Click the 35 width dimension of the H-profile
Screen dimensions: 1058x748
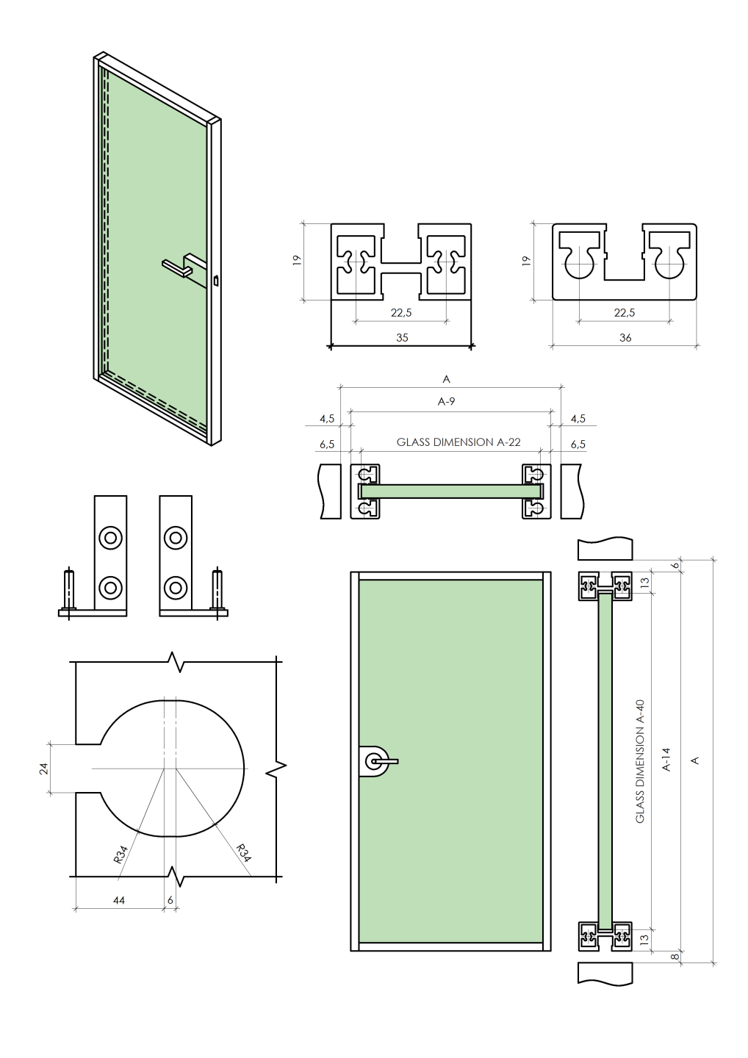point(401,338)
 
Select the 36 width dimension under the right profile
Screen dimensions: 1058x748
point(625,338)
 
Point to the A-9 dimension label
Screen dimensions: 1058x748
point(446,402)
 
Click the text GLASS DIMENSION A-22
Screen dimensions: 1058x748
point(458,442)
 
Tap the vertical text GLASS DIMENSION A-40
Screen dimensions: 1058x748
point(640,760)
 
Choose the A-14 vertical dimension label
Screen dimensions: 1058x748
point(667,759)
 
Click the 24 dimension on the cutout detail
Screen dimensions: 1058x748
point(44,768)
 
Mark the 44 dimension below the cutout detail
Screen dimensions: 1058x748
point(119,900)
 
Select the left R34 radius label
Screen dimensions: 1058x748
point(121,854)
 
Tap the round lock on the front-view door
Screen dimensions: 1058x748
point(376,761)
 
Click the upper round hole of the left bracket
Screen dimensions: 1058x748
point(111,538)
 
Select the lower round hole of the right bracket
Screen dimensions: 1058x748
point(176,587)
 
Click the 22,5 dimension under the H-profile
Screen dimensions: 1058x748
point(401,313)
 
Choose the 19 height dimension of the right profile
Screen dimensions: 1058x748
point(526,261)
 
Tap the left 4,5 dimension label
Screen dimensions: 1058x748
point(327,419)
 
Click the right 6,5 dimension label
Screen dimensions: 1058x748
point(578,445)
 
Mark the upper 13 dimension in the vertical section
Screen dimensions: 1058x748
point(645,582)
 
